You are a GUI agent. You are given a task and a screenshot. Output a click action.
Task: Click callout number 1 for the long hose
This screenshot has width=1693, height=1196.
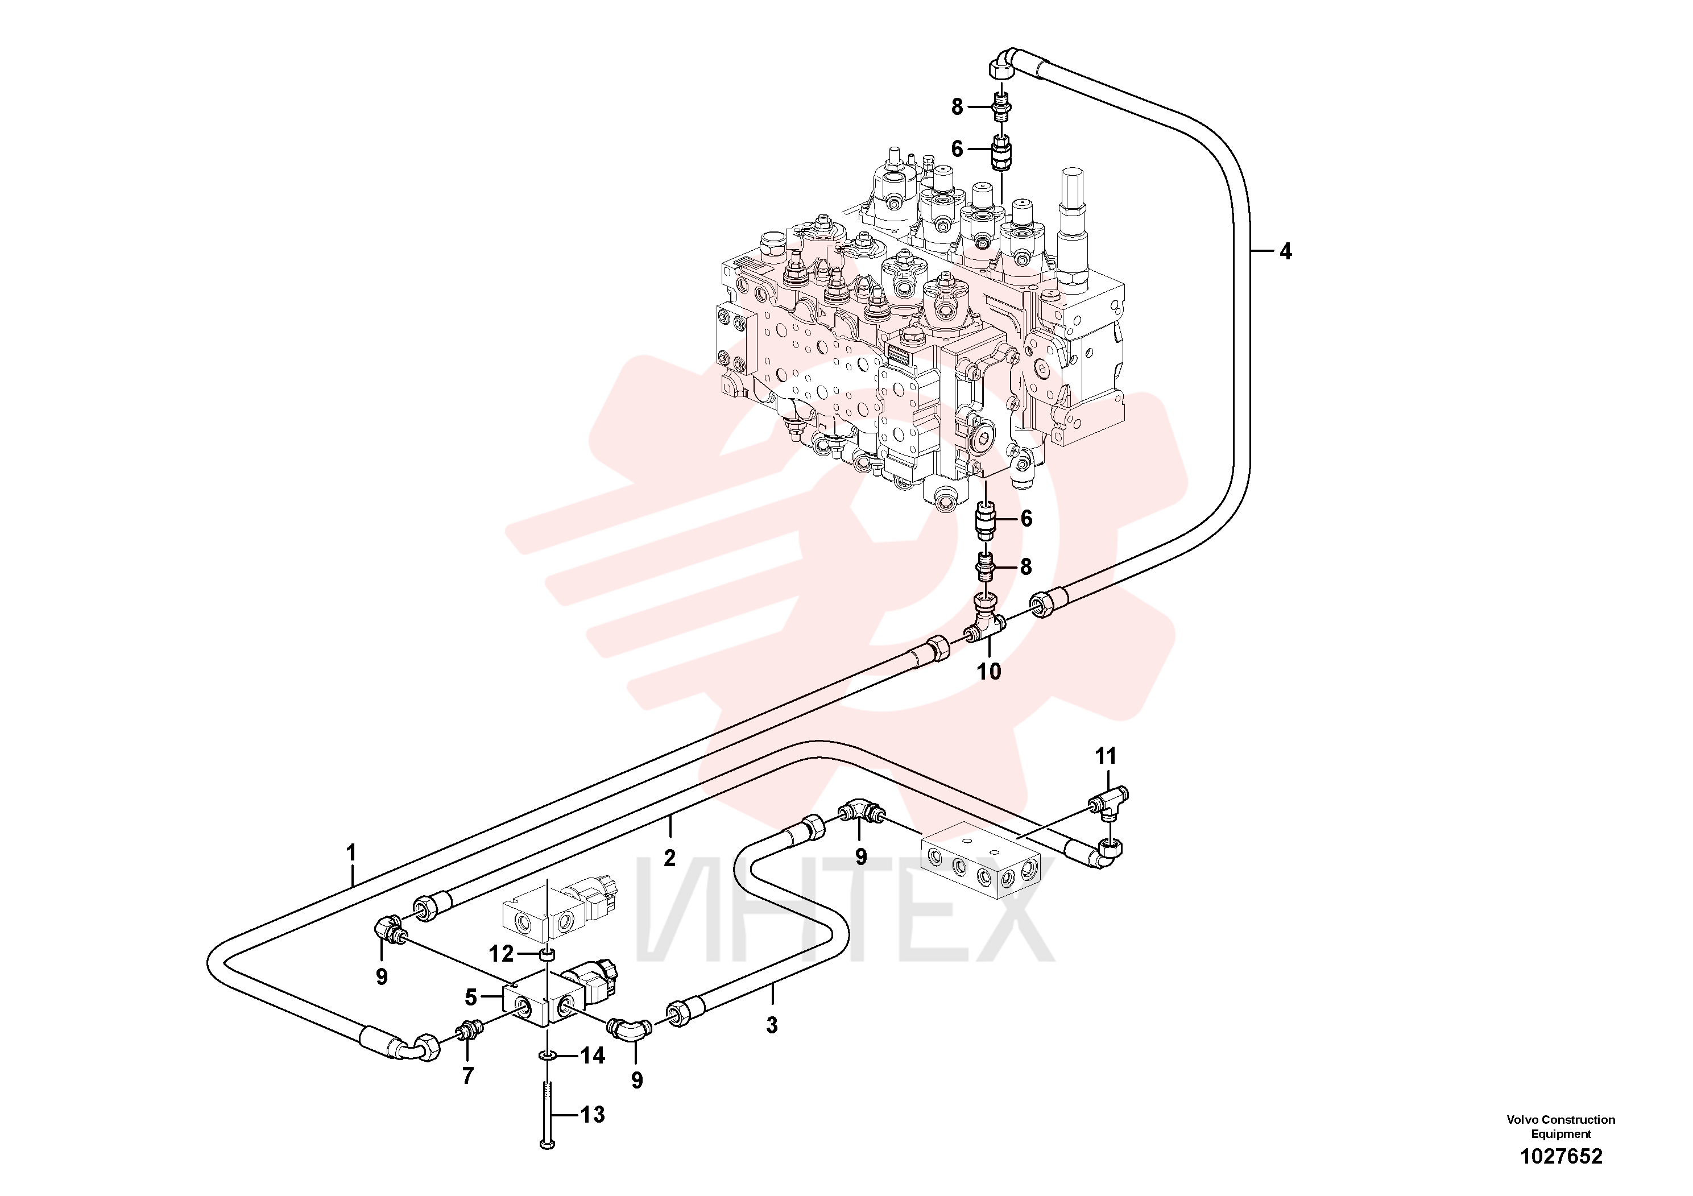351,852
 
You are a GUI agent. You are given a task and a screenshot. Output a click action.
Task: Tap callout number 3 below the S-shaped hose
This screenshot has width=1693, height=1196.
772,1025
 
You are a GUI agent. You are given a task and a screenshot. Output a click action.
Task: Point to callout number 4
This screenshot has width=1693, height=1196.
1285,251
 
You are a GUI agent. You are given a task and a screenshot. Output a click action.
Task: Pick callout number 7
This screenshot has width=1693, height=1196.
467,1076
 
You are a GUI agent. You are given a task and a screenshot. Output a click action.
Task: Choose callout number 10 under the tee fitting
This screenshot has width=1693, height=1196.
989,671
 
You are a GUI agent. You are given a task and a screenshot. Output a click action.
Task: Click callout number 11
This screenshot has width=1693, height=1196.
1106,756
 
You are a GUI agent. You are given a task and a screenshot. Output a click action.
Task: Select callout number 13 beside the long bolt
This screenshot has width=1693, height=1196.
592,1114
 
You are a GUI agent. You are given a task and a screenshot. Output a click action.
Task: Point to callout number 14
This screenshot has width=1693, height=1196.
592,1056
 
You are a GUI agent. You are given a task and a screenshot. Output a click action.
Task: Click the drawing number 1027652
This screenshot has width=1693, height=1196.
1561,1156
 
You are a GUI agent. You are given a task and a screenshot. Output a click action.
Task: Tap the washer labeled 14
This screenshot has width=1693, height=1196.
547,1056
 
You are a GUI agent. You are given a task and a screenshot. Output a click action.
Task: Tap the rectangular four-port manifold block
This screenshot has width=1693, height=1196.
980,860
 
